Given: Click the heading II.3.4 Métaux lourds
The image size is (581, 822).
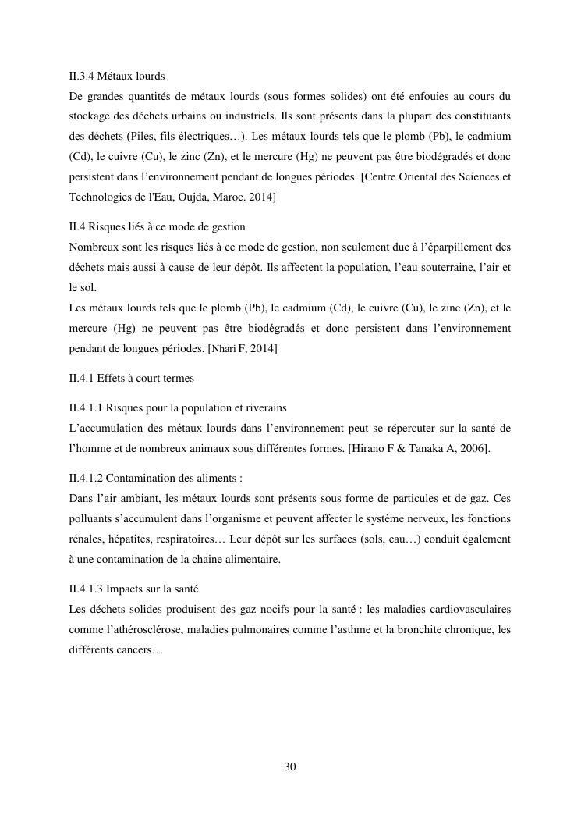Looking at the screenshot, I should tap(117, 76).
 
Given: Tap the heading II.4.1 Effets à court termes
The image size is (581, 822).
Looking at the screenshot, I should tap(132, 378).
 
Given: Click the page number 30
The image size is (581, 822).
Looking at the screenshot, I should tap(290, 767).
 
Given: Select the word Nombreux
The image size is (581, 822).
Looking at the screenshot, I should tap(94, 247).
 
